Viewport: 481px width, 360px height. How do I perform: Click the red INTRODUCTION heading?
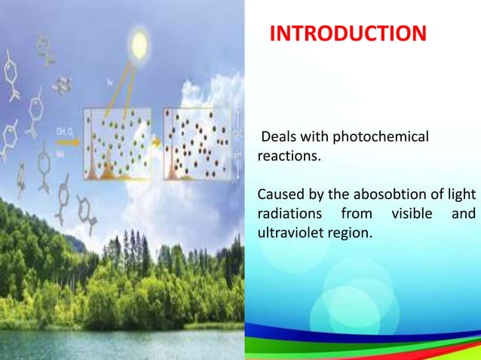coord(348,34)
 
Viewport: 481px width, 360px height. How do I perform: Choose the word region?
coord(349,233)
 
